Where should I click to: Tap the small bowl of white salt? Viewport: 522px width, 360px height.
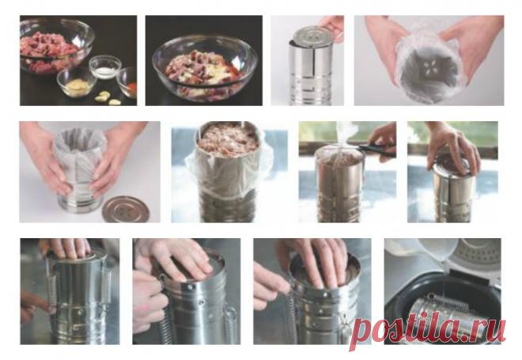105,67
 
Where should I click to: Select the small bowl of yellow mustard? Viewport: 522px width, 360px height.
76,82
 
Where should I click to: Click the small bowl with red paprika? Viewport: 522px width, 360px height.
128,82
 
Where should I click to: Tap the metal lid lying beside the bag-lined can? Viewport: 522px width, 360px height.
126,209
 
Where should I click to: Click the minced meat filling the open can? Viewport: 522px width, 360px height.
229,139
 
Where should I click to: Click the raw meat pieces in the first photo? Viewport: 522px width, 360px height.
49,51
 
